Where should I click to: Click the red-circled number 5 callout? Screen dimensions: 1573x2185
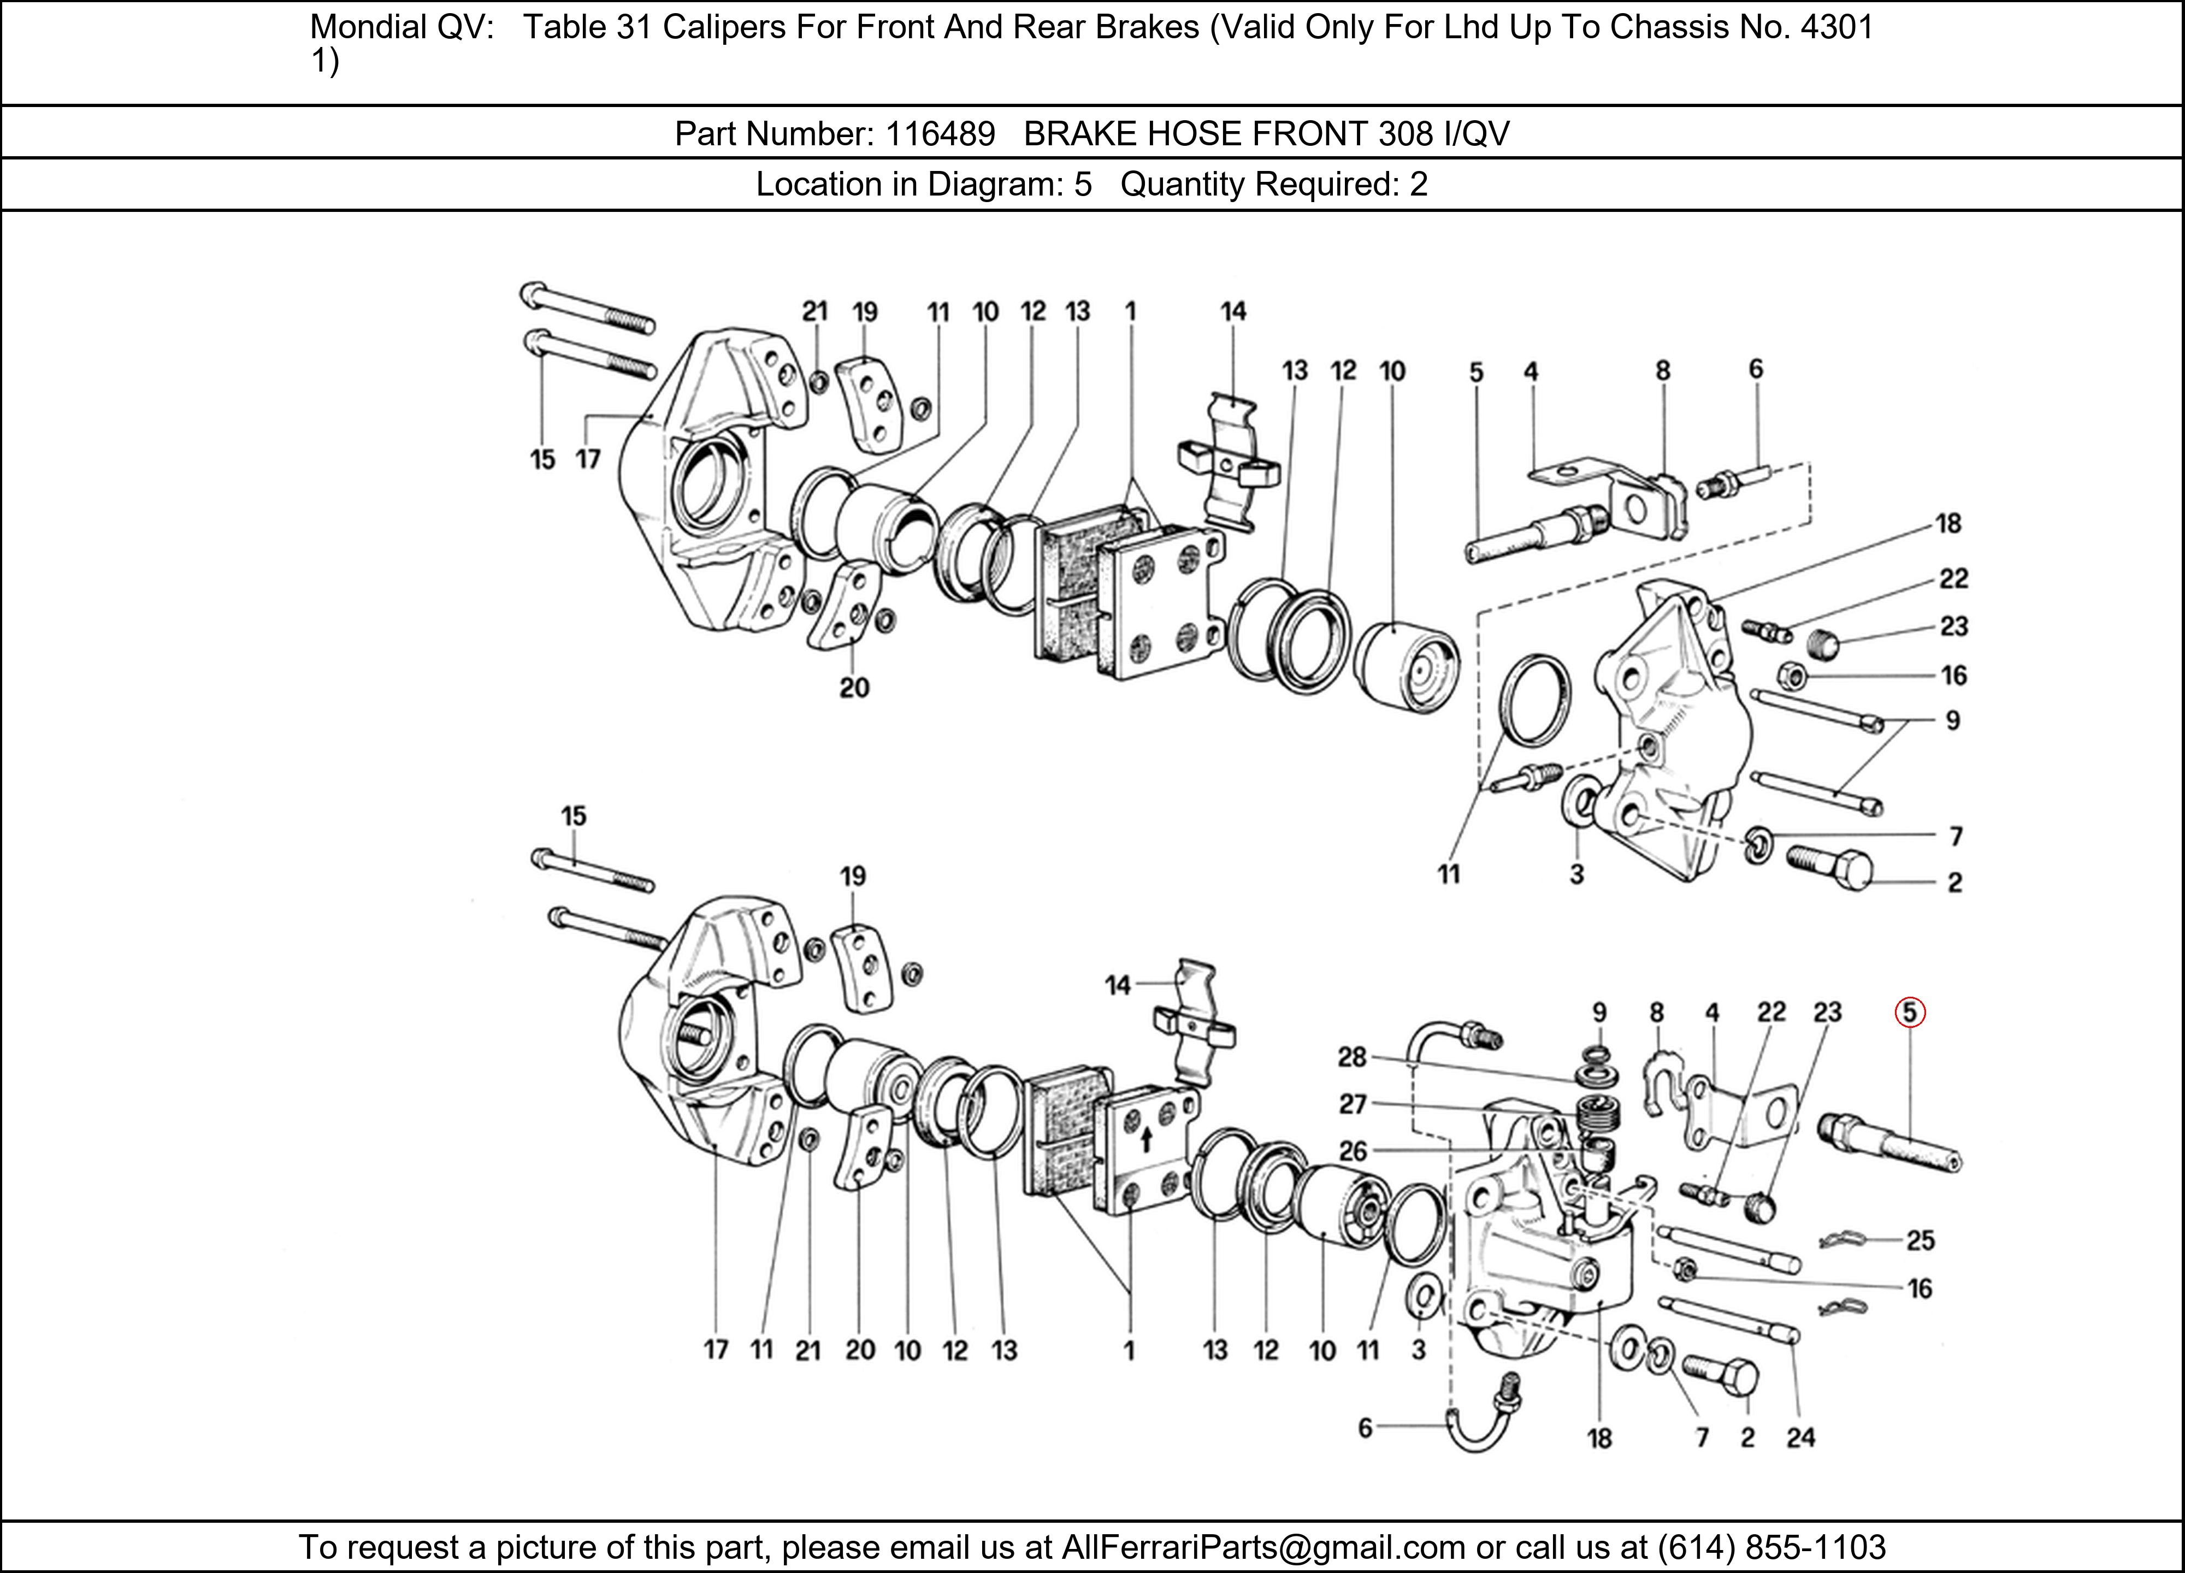tap(1909, 1013)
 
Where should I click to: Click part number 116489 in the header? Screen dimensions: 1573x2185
tap(940, 133)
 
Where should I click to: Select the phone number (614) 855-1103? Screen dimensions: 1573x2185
tap(1771, 1546)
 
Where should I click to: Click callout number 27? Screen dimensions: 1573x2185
tap(1353, 1104)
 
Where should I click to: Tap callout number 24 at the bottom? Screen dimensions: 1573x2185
tap(1800, 1438)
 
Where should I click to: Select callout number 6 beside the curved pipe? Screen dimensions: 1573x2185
tap(1364, 1428)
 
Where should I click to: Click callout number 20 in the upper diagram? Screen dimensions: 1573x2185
tap(854, 688)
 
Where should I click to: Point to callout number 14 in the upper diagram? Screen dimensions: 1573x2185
tap(1232, 311)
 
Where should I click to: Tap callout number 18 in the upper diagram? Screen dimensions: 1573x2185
tap(1948, 523)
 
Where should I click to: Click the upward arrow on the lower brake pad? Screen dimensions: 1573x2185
tap(1145, 1142)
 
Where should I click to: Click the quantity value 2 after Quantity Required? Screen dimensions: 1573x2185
tap(1418, 184)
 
